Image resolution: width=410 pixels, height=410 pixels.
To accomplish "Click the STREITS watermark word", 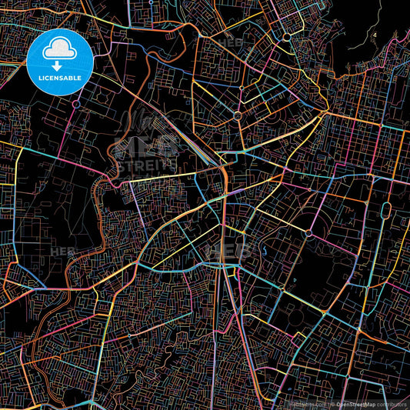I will tap(147, 164).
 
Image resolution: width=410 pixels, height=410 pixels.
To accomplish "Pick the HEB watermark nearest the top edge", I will tap(230, 42).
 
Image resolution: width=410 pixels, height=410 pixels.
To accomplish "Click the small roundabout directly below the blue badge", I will tap(77, 102).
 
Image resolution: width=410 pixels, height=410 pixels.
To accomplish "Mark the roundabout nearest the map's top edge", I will tap(287, 36).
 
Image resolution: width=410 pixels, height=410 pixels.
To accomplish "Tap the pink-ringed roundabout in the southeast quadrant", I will tap(308, 232).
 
